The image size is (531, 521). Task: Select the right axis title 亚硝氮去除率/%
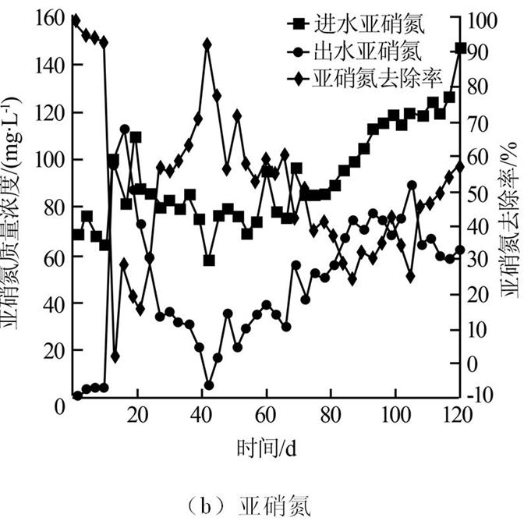pos(512,211)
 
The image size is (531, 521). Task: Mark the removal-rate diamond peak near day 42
pos(207,44)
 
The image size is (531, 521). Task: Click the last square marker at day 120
pos(461,48)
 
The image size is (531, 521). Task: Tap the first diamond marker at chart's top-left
pos(75,20)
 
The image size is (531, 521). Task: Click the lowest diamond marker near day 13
pos(115,356)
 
